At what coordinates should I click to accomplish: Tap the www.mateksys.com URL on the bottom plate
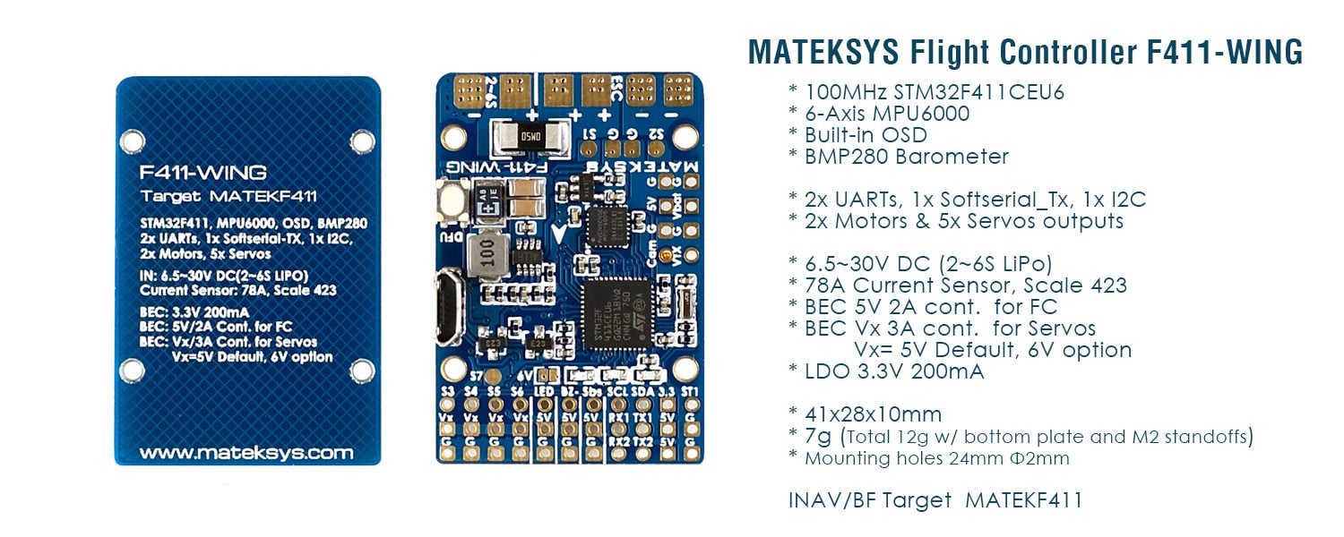click(246, 453)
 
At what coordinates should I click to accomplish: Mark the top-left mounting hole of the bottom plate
click(132, 140)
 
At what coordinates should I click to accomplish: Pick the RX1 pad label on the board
click(616, 417)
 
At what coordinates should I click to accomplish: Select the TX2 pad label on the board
click(642, 441)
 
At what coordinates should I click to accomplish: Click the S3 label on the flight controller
click(450, 392)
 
